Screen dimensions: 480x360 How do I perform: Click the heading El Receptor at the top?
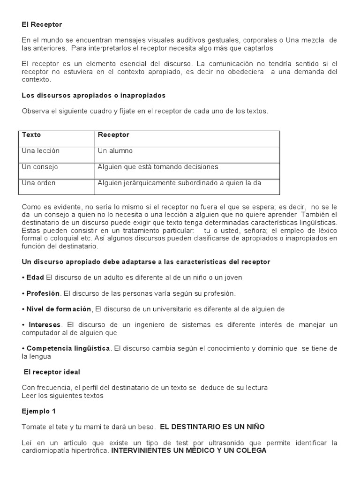coord(42,24)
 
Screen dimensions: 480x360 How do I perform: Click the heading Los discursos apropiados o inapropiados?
coord(94,95)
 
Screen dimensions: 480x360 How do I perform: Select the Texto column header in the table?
coord(31,135)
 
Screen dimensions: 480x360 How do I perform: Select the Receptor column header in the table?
coord(113,135)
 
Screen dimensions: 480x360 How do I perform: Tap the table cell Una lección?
coord(41,151)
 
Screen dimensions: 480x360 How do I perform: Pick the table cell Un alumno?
coord(115,151)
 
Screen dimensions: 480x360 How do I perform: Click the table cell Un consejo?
coord(40,167)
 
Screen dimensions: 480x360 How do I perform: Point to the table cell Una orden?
coord(38,183)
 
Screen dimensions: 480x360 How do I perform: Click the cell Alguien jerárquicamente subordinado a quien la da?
coord(179,183)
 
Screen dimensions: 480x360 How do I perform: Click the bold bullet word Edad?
coord(35,277)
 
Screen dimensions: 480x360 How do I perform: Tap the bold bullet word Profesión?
coord(43,293)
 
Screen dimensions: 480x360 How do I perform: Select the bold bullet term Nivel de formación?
coord(59,309)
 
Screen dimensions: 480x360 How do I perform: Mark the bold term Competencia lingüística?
coord(68,348)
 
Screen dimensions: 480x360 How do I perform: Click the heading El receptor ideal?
coord(52,372)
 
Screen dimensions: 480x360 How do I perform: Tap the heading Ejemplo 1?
coord(38,411)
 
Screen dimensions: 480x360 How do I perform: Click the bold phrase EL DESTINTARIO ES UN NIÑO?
coord(212,427)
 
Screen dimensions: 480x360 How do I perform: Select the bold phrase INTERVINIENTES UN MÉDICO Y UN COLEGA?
coord(189,451)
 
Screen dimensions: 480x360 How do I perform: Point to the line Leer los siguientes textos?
coord(62,396)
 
